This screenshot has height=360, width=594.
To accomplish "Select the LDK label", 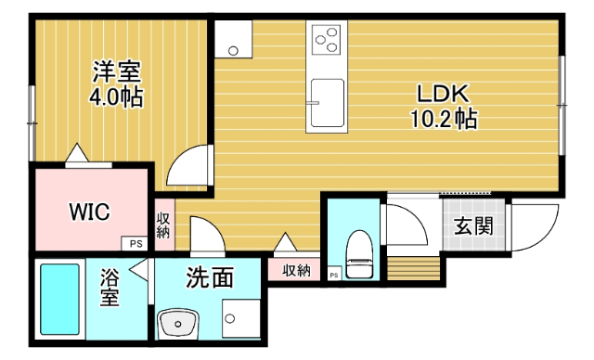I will [x=445, y=94].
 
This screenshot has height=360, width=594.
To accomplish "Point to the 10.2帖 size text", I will [x=445, y=119].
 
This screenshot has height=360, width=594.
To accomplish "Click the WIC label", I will [x=90, y=212].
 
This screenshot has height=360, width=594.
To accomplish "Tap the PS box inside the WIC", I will [x=136, y=244].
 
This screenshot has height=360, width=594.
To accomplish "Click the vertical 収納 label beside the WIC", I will [x=163, y=225].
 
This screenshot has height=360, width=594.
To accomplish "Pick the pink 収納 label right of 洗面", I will [x=296, y=270].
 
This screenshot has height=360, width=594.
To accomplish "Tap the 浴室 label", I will [x=110, y=288].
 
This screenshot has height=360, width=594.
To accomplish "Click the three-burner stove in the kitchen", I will [x=327, y=40].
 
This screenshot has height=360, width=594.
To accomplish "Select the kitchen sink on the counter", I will [x=327, y=101].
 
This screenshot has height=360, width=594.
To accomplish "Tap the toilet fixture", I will [x=357, y=251].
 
